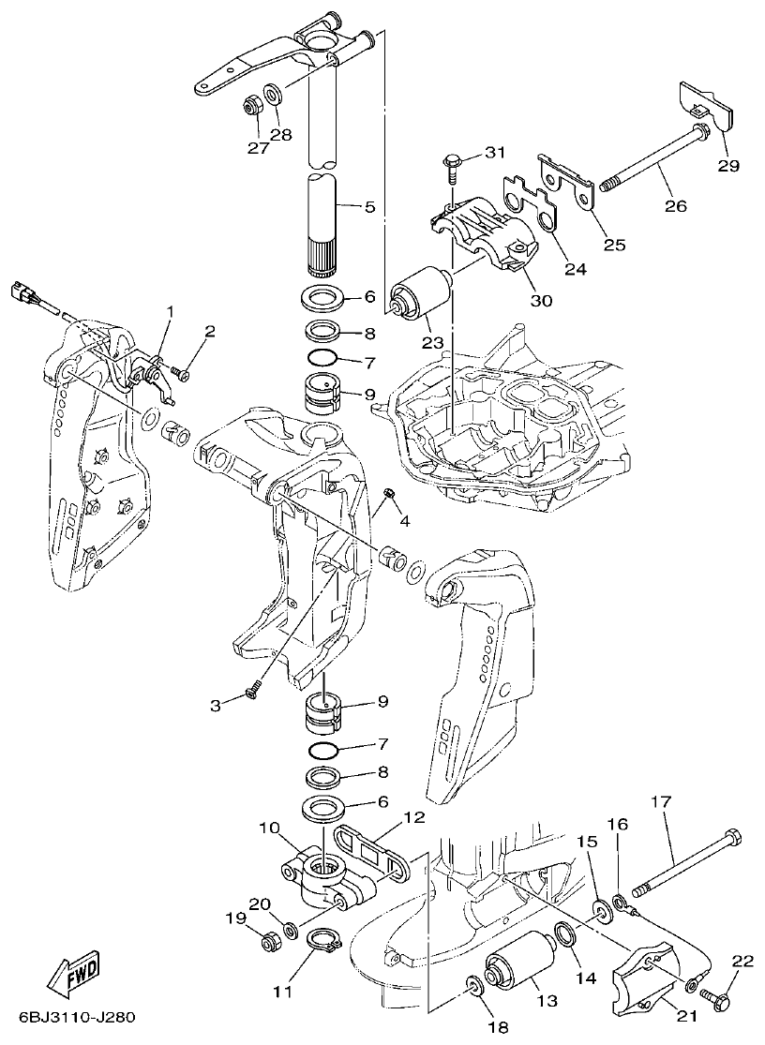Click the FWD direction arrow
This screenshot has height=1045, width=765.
[72, 976]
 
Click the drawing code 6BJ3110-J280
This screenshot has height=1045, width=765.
[75, 1019]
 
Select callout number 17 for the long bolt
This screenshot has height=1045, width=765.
[662, 801]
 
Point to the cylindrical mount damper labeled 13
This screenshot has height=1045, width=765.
[515, 973]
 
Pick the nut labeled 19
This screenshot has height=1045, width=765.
[268, 940]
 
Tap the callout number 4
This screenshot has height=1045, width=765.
[404, 520]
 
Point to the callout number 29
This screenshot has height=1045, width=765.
[728, 167]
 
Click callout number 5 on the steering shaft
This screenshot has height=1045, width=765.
[368, 206]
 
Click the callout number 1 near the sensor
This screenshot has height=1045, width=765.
[171, 310]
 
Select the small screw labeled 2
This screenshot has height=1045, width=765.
[182, 375]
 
